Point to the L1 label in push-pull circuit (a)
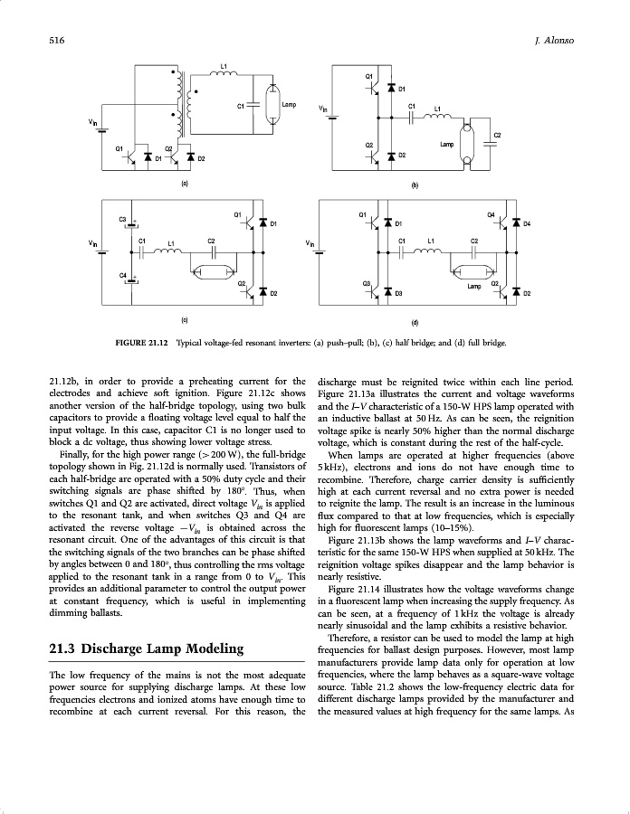[224, 67]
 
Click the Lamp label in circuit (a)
[289, 105]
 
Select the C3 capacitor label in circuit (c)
[123, 219]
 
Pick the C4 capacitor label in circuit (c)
[123, 273]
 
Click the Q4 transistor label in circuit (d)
[492, 214]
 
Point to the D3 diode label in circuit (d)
[397, 294]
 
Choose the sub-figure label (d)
[415, 321]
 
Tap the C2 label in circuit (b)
[497, 136]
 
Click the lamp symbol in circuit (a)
[273, 106]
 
